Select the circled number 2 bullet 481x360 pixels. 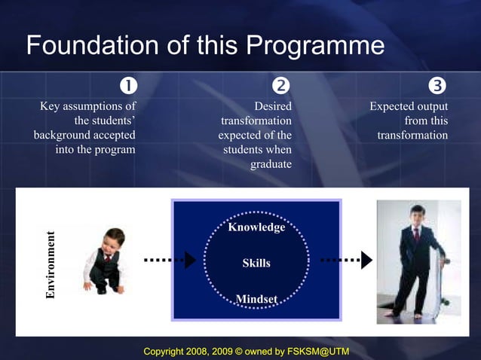(280, 84)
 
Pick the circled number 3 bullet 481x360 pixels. (436, 84)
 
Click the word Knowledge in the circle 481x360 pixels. (256, 227)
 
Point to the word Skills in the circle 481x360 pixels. (256, 263)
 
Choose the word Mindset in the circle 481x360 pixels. (256, 299)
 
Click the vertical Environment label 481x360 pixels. (51, 263)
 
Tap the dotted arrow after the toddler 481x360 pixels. (170, 260)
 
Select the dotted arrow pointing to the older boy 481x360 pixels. (346, 260)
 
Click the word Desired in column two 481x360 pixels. (273, 107)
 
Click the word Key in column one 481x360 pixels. (51, 107)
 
